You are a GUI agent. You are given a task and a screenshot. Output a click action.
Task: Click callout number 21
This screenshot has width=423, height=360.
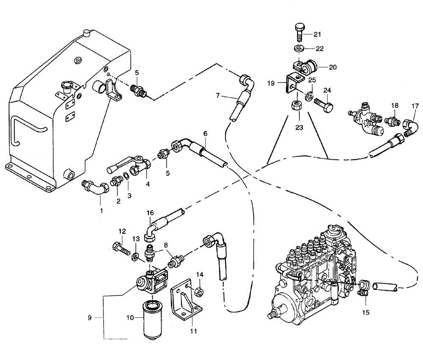click(318, 34)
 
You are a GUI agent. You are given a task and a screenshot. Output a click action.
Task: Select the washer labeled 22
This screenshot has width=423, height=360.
click(299, 48)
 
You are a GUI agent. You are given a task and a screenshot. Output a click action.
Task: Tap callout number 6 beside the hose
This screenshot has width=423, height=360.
click(205, 133)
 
